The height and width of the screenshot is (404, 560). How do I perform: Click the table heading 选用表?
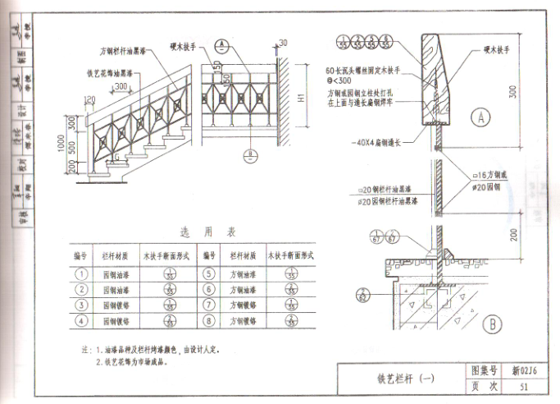(x=196, y=232)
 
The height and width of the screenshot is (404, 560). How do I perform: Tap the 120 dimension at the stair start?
(x=88, y=101)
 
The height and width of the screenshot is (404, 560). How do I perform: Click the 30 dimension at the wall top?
(x=284, y=43)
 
